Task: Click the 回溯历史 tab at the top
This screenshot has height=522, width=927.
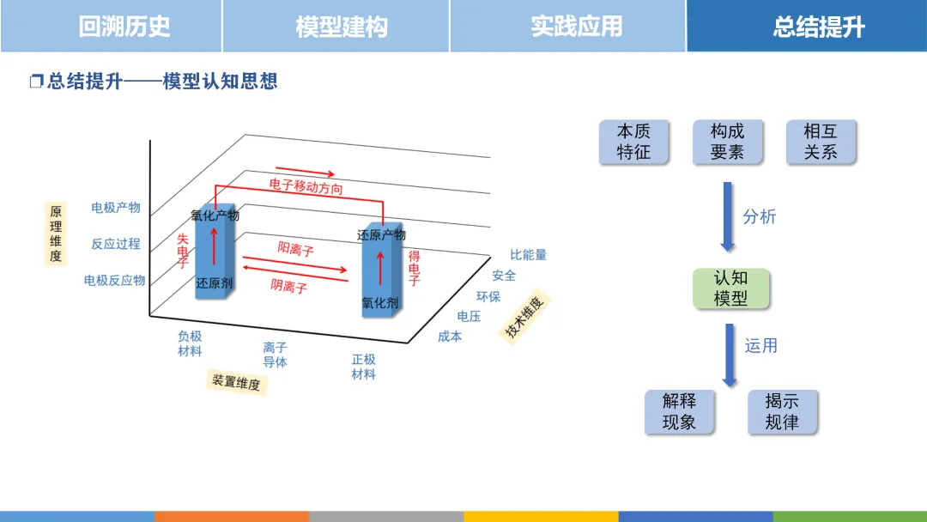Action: (124, 27)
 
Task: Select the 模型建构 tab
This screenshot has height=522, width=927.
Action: (342, 27)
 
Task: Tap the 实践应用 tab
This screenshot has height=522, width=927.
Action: (576, 27)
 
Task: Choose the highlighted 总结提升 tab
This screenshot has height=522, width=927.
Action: (818, 27)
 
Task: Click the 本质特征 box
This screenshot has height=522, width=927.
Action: (633, 142)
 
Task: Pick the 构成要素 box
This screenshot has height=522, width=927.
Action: (727, 142)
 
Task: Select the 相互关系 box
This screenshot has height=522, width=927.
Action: (821, 142)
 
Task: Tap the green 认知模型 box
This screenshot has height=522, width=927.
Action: (731, 288)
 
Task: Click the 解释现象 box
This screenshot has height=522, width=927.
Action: (679, 412)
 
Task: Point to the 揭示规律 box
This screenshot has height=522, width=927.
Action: (782, 412)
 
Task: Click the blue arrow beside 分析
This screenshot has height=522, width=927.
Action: (728, 216)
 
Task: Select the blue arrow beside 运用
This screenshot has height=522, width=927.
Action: (730, 355)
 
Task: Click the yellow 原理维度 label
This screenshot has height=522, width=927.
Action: (56, 234)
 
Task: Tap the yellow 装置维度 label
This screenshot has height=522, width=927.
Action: (236, 381)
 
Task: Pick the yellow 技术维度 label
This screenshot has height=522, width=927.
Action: (525, 318)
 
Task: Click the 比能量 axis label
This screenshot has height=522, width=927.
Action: (528, 255)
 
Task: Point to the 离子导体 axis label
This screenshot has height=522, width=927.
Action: (276, 355)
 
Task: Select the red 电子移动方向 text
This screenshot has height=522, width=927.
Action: (306, 185)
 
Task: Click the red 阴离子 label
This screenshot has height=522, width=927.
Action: (289, 286)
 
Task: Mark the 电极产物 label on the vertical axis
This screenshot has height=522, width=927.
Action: (116, 208)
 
